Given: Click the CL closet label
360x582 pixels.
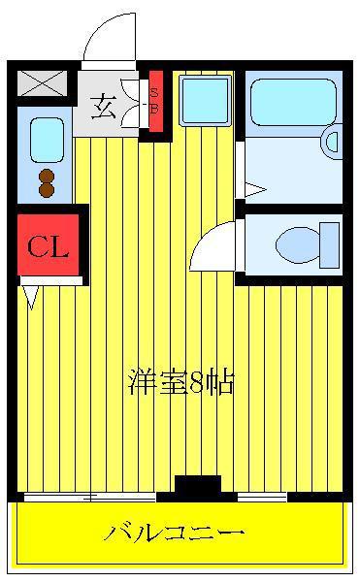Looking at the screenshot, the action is (48, 246).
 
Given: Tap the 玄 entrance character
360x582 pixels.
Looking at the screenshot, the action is (103, 107).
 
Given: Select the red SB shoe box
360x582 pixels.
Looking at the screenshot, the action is (156, 101).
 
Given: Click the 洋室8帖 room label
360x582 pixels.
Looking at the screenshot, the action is (181, 381).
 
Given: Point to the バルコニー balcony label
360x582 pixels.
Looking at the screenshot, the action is (174, 533).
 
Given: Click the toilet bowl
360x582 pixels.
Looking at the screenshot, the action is (298, 245).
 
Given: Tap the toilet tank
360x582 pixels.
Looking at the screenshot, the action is (330, 245).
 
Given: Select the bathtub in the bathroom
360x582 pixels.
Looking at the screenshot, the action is (293, 102).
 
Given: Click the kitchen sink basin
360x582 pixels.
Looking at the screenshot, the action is (47, 140).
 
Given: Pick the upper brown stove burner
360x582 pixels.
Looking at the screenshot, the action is (47, 176).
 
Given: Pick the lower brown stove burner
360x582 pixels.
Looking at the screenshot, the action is (47, 190).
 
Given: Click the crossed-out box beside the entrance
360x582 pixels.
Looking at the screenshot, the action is (43, 82).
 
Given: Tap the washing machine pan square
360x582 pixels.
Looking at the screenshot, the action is (206, 100).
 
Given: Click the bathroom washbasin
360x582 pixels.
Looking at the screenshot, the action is (333, 142).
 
